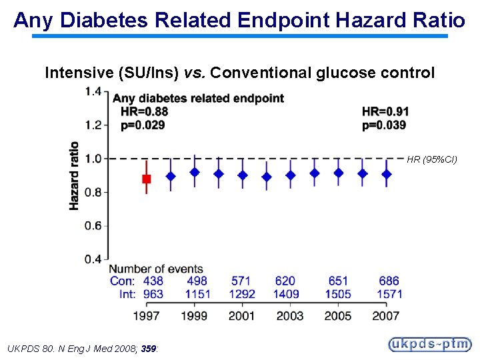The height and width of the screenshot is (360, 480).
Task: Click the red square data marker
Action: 147,179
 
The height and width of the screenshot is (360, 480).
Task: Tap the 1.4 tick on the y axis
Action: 93,91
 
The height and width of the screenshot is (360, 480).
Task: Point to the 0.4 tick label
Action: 93,259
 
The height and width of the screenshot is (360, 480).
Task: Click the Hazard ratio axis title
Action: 74,175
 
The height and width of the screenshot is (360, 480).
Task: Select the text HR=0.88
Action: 144,111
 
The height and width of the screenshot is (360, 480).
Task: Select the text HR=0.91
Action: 385,111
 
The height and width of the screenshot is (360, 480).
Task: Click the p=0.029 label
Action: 143,125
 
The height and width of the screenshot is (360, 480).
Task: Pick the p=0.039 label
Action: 384,125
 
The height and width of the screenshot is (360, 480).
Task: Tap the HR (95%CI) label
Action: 432,159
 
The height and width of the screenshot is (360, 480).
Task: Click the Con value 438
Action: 153,281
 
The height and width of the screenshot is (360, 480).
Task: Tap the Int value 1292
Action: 241,294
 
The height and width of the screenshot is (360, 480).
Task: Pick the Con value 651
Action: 338,281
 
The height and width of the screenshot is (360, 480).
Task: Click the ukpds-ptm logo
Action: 430,344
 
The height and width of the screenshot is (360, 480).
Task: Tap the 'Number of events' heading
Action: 157,269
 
